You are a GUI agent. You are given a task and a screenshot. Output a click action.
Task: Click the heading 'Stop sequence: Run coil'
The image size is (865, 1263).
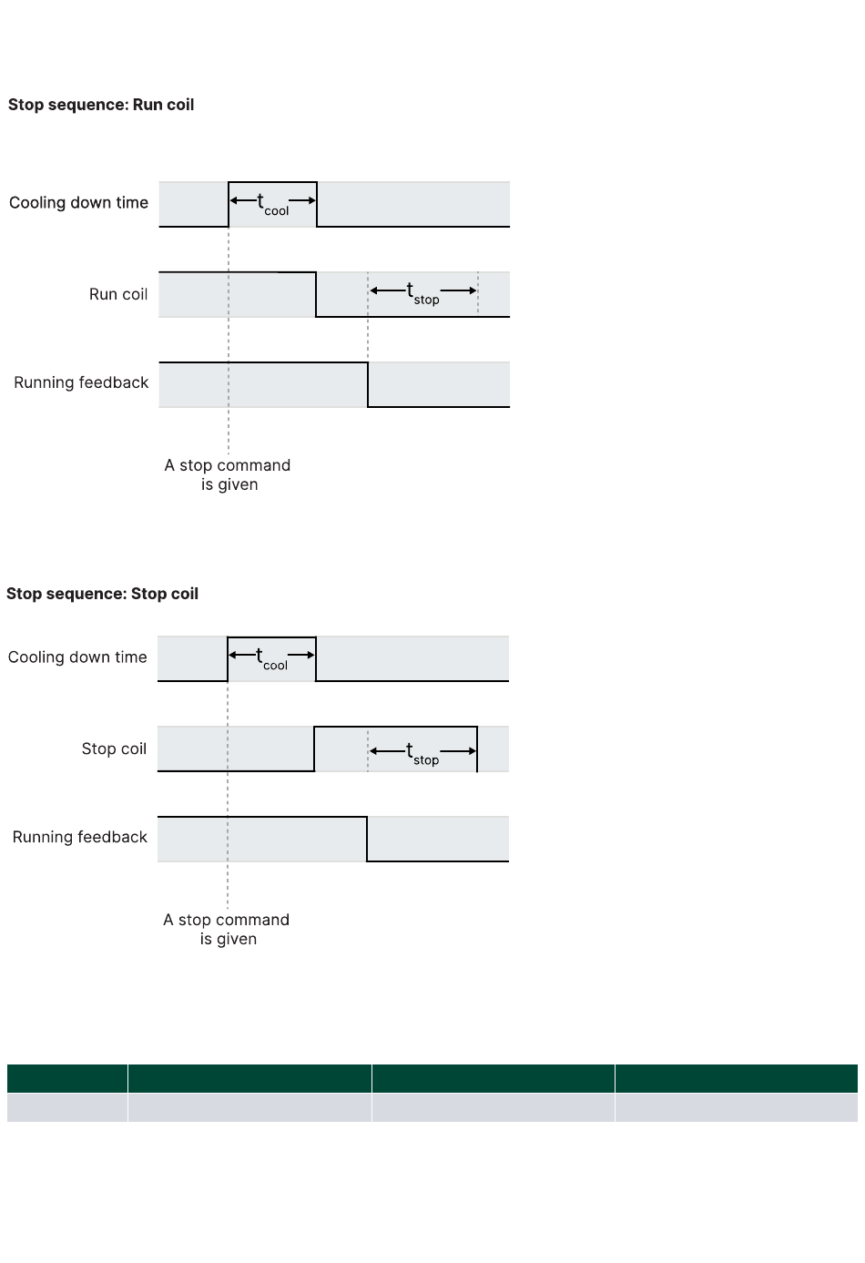pos(101,105)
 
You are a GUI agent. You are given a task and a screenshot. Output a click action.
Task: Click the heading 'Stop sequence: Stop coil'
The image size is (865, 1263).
pos(102,594)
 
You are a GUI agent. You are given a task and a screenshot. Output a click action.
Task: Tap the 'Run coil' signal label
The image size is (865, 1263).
pos(118,294)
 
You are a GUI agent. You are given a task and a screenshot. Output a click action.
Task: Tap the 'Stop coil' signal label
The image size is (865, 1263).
pos(114,749)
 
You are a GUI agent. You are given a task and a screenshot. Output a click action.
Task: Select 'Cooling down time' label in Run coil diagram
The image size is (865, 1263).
pos(78,202)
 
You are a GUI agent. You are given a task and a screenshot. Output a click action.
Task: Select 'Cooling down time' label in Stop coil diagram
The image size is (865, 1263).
pos(77,657)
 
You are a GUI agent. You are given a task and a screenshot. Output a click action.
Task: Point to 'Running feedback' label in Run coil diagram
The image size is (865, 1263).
pos(81,382)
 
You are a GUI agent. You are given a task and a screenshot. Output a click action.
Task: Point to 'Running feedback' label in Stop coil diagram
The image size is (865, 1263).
pos(80,837)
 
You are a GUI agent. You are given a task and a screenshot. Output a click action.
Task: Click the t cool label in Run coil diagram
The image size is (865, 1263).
pos(272,204)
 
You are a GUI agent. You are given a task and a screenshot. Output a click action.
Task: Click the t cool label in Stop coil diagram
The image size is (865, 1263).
pos(271,658)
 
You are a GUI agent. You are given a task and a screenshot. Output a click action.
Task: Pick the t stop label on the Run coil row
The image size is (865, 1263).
pos(422,294)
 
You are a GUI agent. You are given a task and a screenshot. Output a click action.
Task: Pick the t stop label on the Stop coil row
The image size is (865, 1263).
pos(422,754)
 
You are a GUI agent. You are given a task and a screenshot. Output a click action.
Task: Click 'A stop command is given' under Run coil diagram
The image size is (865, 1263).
pos(228,474)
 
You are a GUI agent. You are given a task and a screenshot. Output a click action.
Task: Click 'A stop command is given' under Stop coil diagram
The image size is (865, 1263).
pos(227,929)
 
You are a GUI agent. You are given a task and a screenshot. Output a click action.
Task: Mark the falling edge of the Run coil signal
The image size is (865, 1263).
pos(316,294)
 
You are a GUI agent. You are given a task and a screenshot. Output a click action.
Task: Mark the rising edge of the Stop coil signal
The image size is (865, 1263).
pos(314,749)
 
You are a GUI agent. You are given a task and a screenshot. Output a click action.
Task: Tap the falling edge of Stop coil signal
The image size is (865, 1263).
pos(477,749)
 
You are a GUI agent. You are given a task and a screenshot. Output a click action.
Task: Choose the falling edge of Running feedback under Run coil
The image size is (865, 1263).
pos(368,384)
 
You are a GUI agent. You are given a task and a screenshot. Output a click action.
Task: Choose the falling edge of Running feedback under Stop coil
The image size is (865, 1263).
pos(367,839)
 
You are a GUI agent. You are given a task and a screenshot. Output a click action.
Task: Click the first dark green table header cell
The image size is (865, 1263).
pos(67,1078)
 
